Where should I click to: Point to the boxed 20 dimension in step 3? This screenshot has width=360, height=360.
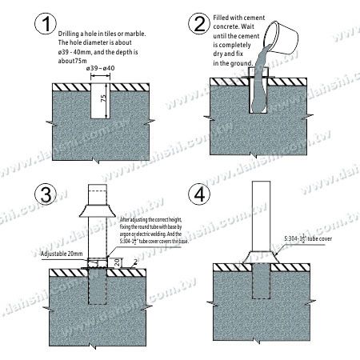(116, 261)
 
